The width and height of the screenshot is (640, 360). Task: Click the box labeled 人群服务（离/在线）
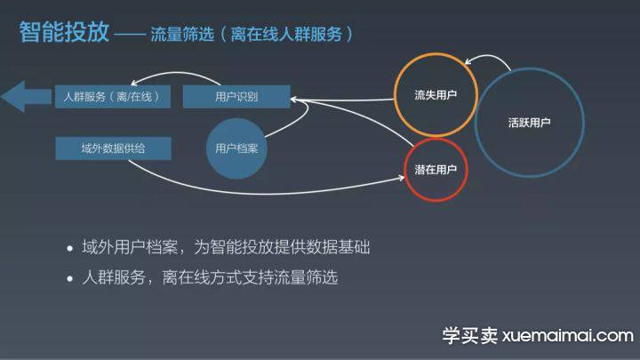(x=113, y=97)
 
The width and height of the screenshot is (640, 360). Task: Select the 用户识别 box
(x=236, y=97)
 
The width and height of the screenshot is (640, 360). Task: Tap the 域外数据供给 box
(x=113, y=148)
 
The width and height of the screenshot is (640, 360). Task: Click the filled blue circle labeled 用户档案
(x=236, y=148)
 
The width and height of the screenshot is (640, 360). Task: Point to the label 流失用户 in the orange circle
(x=436, y=95)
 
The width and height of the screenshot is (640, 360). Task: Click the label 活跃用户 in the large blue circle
(x=530, y=123)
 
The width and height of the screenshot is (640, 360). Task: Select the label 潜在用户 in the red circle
(x=436, y=170)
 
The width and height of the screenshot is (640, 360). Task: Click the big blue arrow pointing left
(x=26, y=97)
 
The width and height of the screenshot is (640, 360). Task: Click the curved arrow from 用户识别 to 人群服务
(x=175, y=73)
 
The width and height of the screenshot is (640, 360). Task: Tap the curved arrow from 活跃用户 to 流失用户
(x=489, y=56)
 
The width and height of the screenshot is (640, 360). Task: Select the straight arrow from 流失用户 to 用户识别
(x=342, y=100)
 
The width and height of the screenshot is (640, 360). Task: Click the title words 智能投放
(x=64, y=32)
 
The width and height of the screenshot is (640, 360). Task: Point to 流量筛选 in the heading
(x=182, y=35)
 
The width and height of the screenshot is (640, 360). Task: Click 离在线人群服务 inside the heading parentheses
(x=286, y=35)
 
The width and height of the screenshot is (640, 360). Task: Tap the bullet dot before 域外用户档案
(x=70, y=248)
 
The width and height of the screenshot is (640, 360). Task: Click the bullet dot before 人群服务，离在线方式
(x=70, y=279)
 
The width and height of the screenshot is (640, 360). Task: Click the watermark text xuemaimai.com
(x=568, y=336)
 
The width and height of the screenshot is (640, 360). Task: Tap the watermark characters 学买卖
(x=470, y=336)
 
